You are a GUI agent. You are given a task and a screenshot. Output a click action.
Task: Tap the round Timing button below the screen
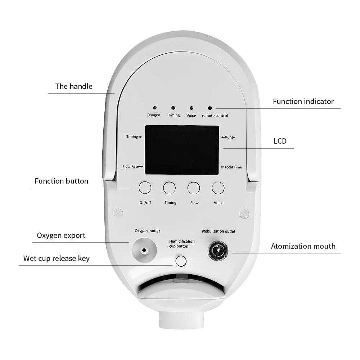[169, 188]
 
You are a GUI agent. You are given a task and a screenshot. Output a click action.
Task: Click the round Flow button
[193, 188]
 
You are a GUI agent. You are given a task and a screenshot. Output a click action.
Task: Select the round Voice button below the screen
[218, 188]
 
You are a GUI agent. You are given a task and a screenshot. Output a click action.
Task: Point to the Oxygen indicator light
[154, 108]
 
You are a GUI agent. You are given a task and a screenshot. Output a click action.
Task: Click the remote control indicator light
[210, 108]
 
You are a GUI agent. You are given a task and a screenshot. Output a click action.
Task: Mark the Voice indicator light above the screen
[191, 108]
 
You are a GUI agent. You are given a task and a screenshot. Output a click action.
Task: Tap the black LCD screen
[182, 150]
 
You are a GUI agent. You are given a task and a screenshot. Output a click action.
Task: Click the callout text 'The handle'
[73, 86]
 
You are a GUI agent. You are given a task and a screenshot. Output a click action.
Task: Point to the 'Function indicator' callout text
[303, 102]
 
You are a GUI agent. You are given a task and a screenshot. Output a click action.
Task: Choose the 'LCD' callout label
[280, 141]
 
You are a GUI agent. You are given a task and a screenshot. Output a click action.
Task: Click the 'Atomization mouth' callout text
[303, 246]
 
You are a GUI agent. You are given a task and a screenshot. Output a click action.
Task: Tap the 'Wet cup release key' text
[57, 258]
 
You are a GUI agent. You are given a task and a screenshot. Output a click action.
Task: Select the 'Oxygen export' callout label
[61, 235]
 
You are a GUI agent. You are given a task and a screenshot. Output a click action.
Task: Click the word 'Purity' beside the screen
[230, 137]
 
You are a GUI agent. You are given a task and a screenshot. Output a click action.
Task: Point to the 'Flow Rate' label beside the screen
[131, 166]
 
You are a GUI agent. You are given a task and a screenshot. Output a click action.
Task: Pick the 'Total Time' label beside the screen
[233, 167]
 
